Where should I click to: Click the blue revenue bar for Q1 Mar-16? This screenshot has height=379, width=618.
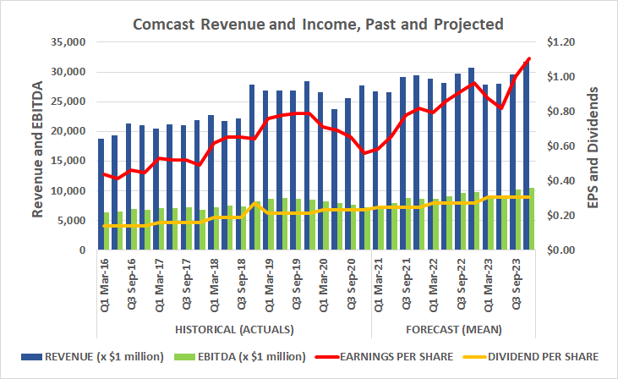coord(101,195)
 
